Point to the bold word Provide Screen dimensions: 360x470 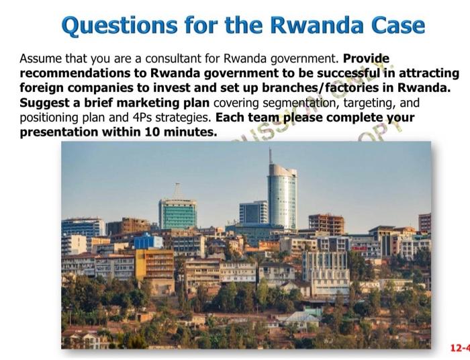[366, 58]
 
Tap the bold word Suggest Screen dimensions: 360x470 [44, 103]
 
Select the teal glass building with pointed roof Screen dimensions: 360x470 [177, 212]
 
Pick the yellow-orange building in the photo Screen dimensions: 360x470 [154, 265]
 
